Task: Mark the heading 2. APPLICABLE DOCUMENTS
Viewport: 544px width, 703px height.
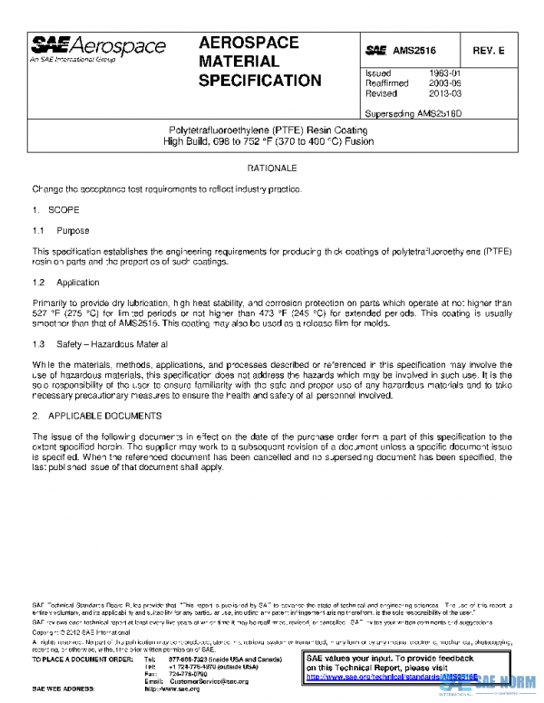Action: click(97, 416)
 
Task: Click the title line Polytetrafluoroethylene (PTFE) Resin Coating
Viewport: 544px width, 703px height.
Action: click(271, 130)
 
